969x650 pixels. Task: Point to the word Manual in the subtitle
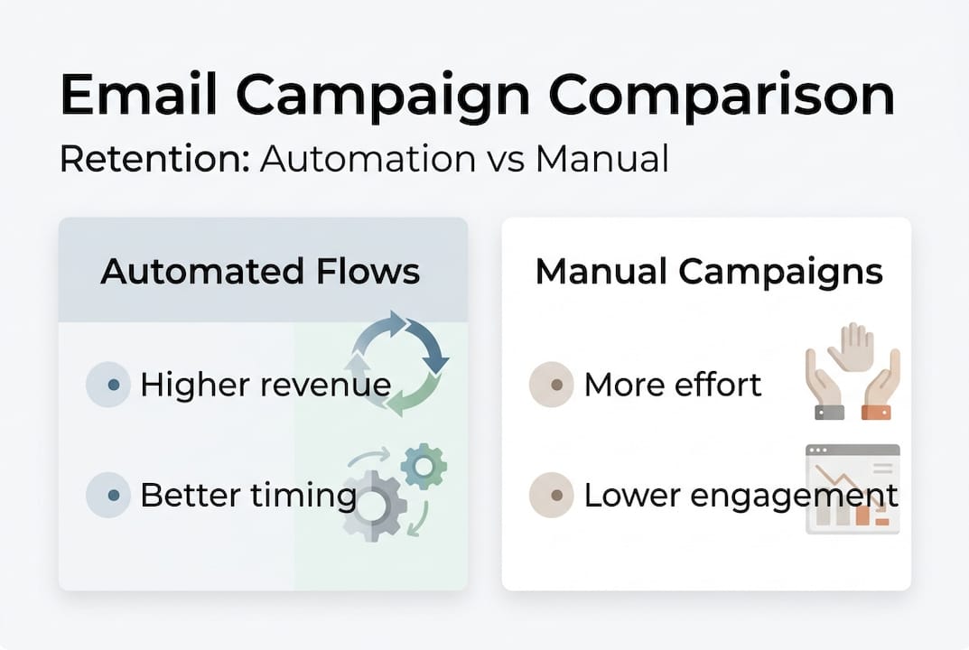tap(601, 159)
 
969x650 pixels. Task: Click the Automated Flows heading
tap(260, 271)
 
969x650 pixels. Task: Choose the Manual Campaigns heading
tap(708, 271)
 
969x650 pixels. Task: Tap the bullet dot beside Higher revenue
tap(112, 385)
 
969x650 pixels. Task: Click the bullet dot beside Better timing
tap(112, 496)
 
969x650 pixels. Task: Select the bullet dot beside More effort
tap(555, 385)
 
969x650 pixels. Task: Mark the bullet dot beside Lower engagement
tap(555, 496)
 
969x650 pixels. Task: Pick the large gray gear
tap(373, 506)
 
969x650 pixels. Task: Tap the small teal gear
tap(423, 466)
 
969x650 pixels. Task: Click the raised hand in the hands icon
tap(852, 348)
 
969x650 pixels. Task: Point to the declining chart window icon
tap(853, 488)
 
